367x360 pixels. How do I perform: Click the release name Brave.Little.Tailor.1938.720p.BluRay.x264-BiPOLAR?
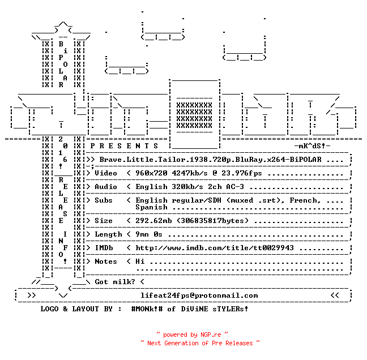[x=211, y=160]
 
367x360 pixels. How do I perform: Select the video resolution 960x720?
[x=151, y=173]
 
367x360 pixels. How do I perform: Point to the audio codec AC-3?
[x=235, y=187]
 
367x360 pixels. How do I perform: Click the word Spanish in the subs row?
[x=151, y=207]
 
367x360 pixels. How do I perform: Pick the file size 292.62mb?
[x=153, y=221]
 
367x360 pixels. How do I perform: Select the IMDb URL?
[x=215, y=248]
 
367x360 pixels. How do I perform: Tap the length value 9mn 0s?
[x=149, y=234]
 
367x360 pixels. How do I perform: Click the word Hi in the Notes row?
[x=140, y=262]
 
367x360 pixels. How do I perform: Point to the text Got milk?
[x=115, y=282]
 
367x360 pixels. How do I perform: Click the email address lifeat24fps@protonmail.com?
[x=199, y=295]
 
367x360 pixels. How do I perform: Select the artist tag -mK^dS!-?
[x=312, y=146]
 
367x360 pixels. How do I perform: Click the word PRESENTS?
[x=124, y=146]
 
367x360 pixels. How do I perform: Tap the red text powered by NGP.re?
[x=192, y=335]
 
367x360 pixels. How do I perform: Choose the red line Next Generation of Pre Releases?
[x=200, y=343]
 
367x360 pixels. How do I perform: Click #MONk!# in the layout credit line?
[x=147, y=309]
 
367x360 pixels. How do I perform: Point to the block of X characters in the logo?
[x=194, y=115]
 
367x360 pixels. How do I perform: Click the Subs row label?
[x=104, y=200]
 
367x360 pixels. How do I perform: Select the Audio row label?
[x=106, y=187]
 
